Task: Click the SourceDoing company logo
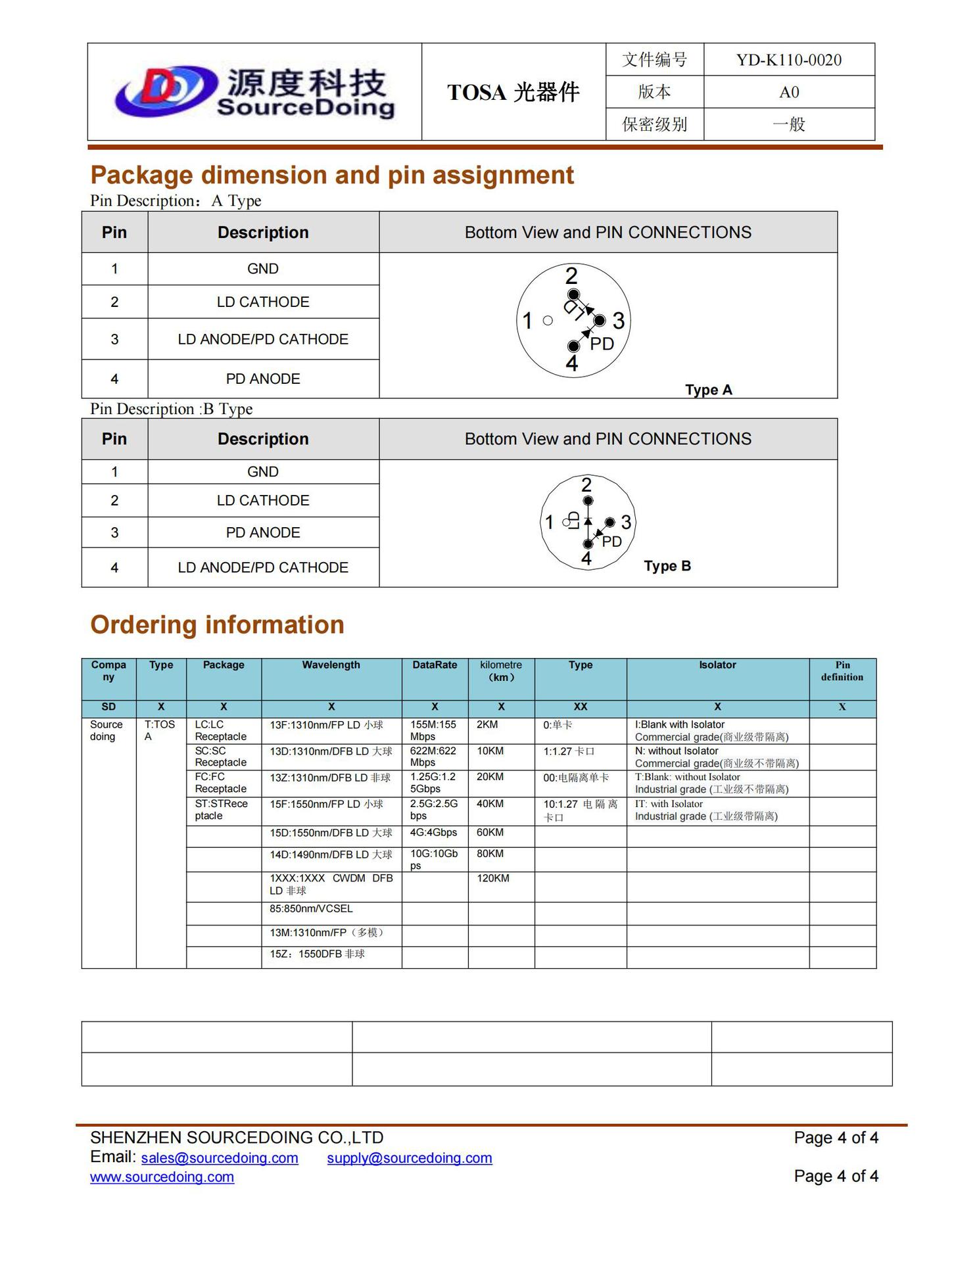click(255, 93)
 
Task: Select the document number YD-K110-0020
click(788, 60)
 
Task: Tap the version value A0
click(788, 92)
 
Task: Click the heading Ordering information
click(217, 624)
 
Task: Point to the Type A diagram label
click(708, 390)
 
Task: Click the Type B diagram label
click(667, 566)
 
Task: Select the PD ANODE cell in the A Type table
click(263, 379)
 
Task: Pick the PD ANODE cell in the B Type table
click(263, 532)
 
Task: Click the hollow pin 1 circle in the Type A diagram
click(548, 321)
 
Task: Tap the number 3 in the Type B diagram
click(626, 522)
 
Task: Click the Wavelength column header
click(331, 665)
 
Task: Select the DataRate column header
click(435, 665)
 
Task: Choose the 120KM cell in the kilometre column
click(493, 878)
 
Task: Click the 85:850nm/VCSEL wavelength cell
click(311, 908)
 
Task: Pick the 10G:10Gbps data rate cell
click(434, 859)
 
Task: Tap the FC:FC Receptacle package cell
click(220, 783)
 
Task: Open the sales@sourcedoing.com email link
click(220, 1158)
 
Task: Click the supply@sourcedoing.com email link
click(410, 1158)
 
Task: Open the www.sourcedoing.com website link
click(162, 1177)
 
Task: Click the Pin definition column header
click(842, 671)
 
